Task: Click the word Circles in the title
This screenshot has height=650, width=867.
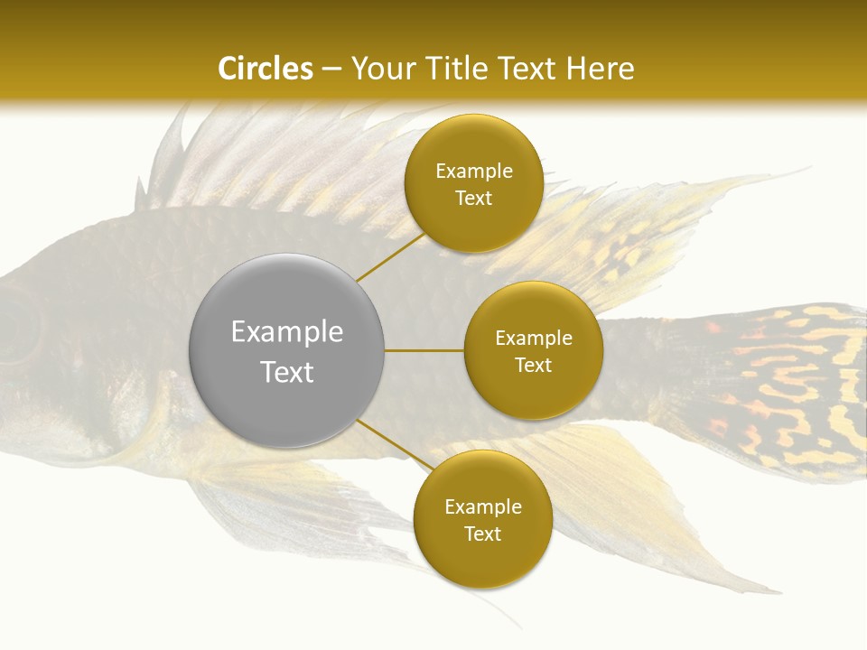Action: click(x=265, y=69)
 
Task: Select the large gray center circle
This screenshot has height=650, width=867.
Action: click(x=286, y=350)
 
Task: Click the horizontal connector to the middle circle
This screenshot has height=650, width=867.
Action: click(x=424, y=350)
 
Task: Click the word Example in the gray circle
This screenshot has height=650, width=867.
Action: click(x=286, y=331)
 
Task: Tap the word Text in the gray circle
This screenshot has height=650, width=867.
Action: click(x=286, y=371)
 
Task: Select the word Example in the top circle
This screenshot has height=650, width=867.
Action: click(x=474, y=171)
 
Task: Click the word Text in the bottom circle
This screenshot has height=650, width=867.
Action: click(x=482, y=534)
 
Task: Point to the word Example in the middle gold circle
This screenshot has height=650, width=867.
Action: click(x=533, y=338)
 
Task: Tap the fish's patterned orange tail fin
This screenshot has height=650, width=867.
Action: click(x=786, y=388)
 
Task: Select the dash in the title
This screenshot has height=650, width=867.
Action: click(x=331, y=70)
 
